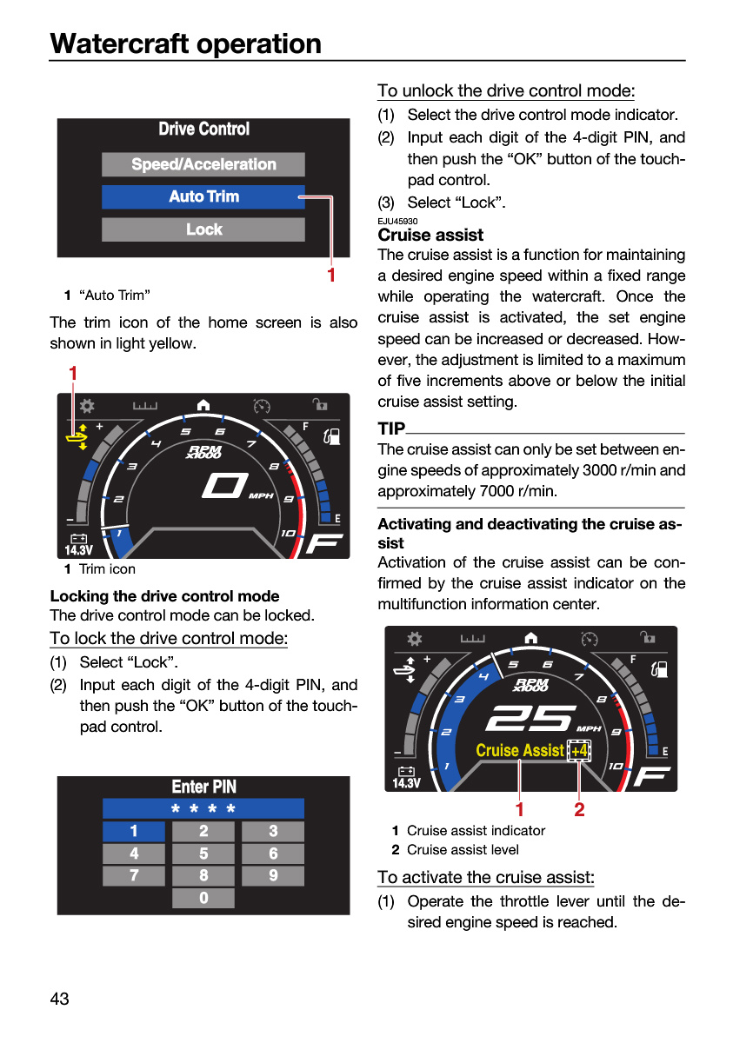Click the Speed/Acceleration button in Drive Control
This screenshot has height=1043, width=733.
203,164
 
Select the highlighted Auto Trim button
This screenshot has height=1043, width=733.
203,196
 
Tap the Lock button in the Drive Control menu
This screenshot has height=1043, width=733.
203,229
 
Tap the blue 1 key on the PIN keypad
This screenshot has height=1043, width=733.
134,831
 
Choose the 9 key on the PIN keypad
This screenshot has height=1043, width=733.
273,875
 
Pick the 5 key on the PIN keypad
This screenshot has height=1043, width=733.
203,853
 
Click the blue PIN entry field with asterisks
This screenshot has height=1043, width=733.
203,808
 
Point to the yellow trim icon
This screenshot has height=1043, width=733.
77,436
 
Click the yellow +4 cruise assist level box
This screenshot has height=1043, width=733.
579,751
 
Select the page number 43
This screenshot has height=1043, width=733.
60,999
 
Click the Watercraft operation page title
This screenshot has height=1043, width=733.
185,43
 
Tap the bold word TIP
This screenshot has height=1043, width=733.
391,428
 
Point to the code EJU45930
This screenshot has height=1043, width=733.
397,221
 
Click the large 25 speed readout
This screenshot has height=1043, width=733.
530,717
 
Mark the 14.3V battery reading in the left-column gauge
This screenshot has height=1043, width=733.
79,550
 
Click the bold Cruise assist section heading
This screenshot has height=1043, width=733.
430,236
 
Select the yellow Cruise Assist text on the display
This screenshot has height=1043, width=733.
520,751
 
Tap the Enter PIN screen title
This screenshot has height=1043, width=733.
204,787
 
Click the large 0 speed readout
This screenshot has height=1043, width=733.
224,485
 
